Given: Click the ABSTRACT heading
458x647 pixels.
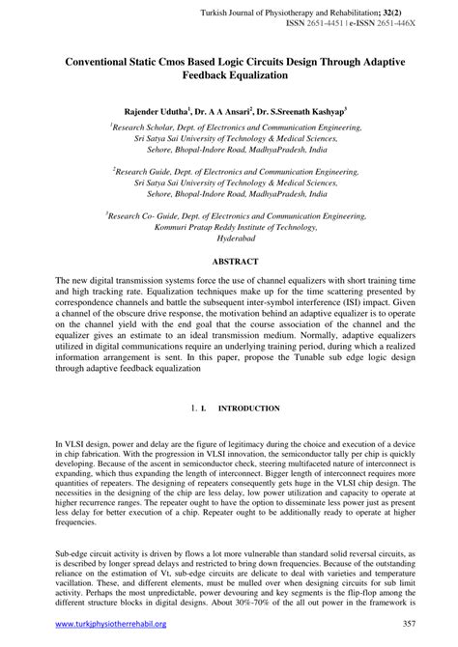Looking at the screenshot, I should click(x=229, y=261).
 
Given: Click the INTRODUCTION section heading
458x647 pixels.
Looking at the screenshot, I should click(x=250, y=408).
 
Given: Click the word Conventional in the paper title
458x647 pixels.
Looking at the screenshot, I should click(x=101, y=60).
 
